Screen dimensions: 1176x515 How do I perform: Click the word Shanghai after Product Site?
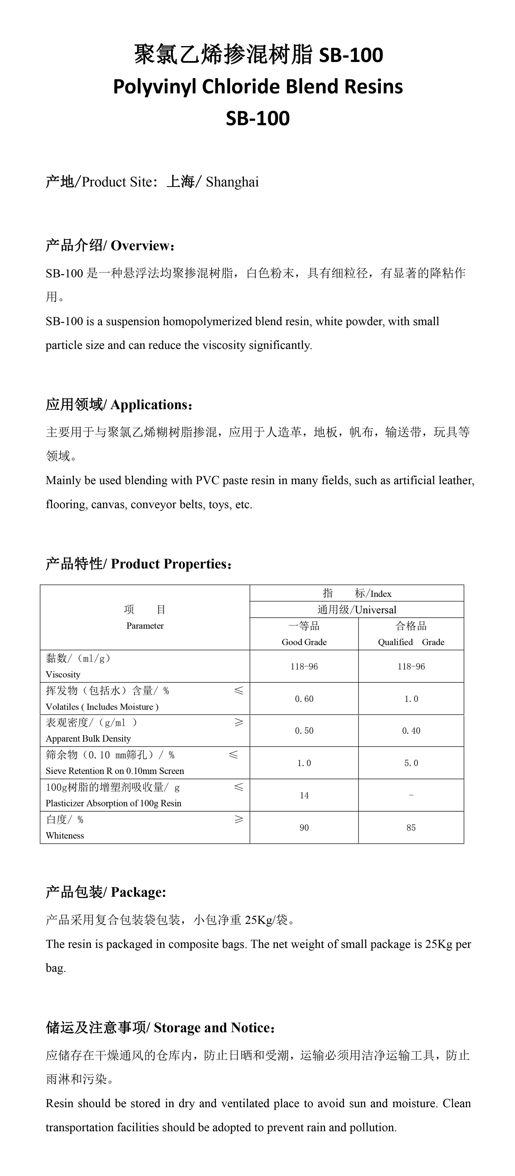[x=232, y=182]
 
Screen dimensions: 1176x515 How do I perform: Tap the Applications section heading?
[x=119, y=405]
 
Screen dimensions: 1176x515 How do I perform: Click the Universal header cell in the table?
[x=357, y=610]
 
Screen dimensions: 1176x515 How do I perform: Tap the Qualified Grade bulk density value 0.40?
[x=411, y=731]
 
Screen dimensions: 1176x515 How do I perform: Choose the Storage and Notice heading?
[x=160, y=1028]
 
